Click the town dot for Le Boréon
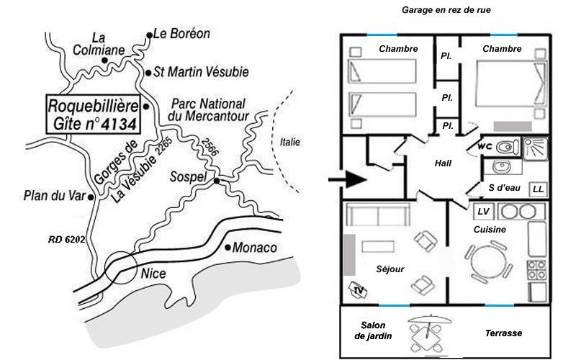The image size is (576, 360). pos(149,35)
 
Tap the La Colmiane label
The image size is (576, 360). pos(99,44)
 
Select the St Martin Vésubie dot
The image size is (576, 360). pos(148,73)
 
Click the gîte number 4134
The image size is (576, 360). pos(119,124)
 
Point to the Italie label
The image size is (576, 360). pos(290,142)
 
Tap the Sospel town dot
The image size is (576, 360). pos(217,181)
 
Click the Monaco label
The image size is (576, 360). pos(255,248)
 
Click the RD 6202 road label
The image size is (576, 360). pos(67,240)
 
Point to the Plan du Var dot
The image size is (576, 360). pos(91,197)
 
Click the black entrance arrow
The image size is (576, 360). pos(347,179)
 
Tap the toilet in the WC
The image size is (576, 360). pos(508,147)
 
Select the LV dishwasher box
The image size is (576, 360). pos(483,212)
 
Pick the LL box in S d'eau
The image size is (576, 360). pos(538,189)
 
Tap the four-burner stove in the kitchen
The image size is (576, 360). pos(536,271)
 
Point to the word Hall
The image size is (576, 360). pos(443,163)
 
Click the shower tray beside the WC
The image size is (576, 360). pos(535,148)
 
